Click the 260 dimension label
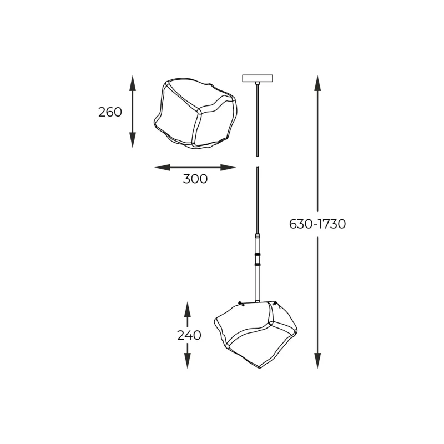110,112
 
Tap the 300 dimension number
195,179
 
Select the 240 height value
189,335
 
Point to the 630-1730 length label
317,224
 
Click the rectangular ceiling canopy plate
258,78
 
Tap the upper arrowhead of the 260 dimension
133,83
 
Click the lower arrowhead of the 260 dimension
133,140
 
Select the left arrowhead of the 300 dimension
162,168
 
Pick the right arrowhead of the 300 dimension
228,168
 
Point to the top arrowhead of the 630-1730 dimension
317,83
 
